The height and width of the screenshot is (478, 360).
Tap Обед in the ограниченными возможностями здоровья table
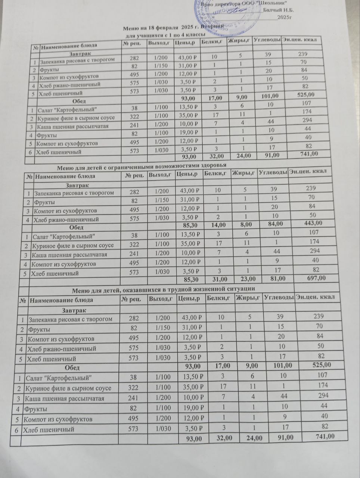[76, 227]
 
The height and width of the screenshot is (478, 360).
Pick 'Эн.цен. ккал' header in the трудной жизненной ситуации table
[314, 297]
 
